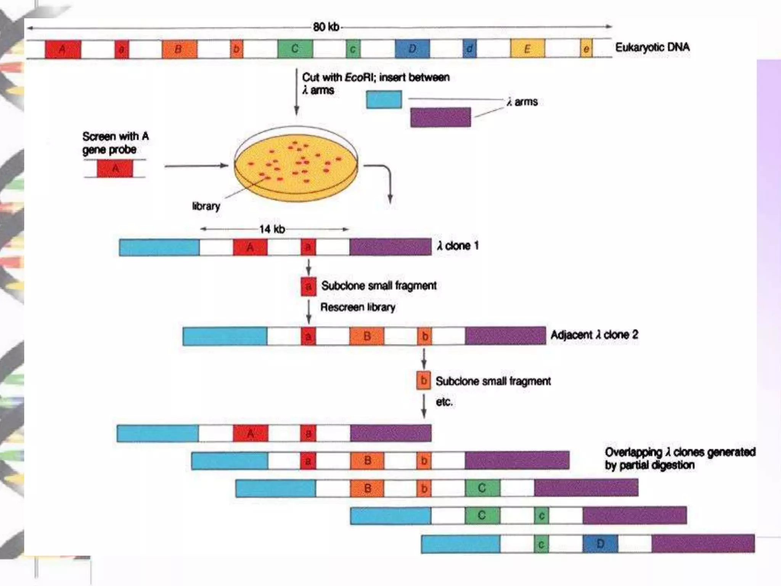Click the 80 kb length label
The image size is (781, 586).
[x=326, y=27]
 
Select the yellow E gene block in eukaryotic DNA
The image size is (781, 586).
[x=527, y=49]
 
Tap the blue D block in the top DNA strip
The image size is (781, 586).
[x=412, y=49]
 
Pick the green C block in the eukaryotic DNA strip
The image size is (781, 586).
[x=295, y=49]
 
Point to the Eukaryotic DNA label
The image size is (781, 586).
[x=652, y=47]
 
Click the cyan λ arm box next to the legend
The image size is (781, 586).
[x=384, y=99]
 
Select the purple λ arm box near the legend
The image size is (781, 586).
[x=440, y=117]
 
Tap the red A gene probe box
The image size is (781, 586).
[x=115, y=169]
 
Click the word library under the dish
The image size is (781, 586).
[x=206, y=206]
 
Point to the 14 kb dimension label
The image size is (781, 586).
[x=272, y=229]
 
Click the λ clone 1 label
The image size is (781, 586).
[x=458, y=246]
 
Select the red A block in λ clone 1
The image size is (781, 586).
[x=250, y=247]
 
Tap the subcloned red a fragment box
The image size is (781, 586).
[x=309, y=286]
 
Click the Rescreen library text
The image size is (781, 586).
[x=357, y=307]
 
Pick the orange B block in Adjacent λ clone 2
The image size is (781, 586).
[x=367, y=336]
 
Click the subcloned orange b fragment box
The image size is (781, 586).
[x=423, y=380]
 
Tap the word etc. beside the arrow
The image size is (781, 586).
[x=444, y=402]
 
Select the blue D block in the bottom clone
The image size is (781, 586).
[x=600, y=544]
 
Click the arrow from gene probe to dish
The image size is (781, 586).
[x=196, y=166]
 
